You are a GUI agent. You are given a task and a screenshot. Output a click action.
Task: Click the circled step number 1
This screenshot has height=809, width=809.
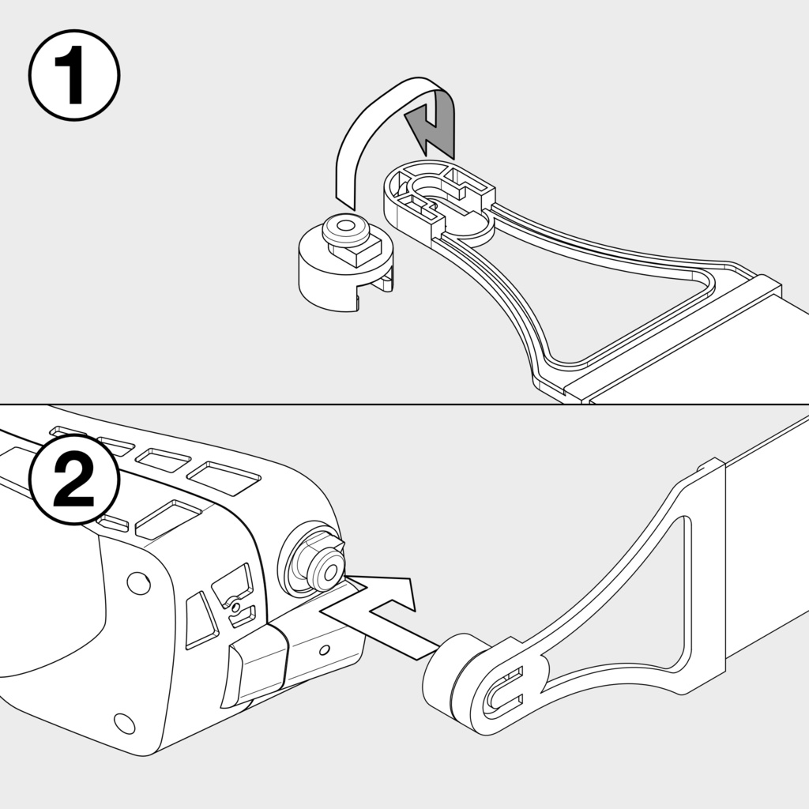click(x=74, y=75)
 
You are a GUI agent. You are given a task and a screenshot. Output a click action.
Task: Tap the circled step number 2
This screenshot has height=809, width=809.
click(x=74, y=480)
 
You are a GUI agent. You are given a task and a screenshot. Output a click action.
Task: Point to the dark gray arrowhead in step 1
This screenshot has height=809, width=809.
click(x=431, y=129)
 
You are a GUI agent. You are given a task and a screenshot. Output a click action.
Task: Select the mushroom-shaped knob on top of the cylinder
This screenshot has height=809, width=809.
click(x=345, y=229)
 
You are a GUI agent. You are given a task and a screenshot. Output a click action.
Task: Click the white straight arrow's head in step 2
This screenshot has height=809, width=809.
click(x=397, y=593)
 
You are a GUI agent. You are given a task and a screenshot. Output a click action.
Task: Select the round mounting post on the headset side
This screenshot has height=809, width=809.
click(x=314, y=563)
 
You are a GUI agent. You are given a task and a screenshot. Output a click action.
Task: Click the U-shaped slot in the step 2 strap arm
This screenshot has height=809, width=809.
click(x=503, y=691)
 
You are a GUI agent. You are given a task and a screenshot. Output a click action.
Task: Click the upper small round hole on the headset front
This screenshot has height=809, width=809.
click(x=138, y=582)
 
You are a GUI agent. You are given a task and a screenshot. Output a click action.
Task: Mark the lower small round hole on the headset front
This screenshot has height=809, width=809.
click(x=124, y=724)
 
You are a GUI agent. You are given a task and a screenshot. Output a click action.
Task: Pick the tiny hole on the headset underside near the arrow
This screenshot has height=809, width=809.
click(x=324, y=650)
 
